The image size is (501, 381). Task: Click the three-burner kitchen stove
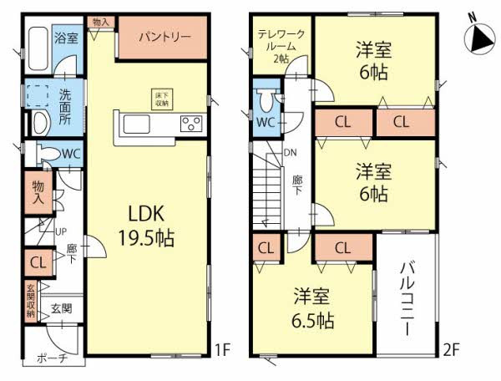coord(190,125)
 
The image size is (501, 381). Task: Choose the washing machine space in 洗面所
coord(37,95)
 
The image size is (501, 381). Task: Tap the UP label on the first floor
coord(60,231)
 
